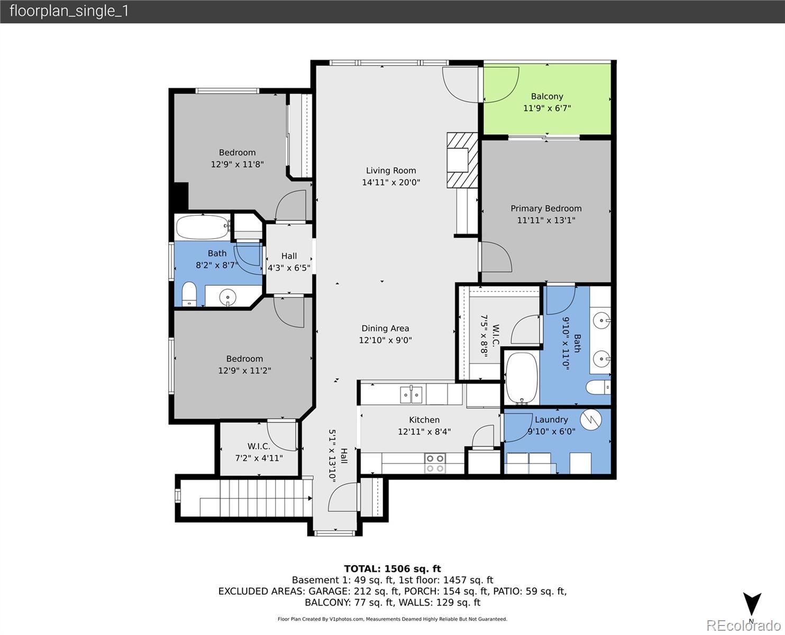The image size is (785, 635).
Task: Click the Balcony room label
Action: pyautogui.click(x=547, y=96)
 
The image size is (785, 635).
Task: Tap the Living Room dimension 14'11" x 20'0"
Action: pyautogui.click(x=391, y=182)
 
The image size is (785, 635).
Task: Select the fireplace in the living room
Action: pyautogui.click(x=462, y=160)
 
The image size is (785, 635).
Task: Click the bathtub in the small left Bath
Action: pyautogui.click(x=202, y=227)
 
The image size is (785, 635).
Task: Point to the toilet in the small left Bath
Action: pyautogui.click(x=189, y=294)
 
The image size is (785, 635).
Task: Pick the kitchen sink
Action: pyautogui.click(x=411, y=395)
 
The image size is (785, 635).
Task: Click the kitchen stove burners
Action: pyautogui.click(x=435, y=463)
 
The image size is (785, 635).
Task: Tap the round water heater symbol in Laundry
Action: pyautogui.click(x=591, y=420)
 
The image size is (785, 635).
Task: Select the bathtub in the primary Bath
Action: pyautogui.click(x=522, y=379)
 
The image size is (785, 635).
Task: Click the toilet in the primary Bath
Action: pyautogui.click(x=598, y=387)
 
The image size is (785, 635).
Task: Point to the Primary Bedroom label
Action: pyautogui.click(x=546, y=208)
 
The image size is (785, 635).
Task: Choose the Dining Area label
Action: pyautogui.click(x=385, y=329)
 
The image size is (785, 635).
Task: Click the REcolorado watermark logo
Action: pyautogui.click(x=743, y=625)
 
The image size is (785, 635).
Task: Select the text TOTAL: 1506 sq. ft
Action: pyautogui.click(x=392, y=569)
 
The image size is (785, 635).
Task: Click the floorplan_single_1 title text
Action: pyautogui.click(x=69, y=11)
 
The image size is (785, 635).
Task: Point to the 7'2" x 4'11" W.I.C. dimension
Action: pyautogui.click(x=259, y=458)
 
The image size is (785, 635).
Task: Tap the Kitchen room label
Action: pyautogui.click(x=424, y=420)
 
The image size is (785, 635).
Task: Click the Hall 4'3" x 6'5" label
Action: pyautogui.click(x=289, y=262)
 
